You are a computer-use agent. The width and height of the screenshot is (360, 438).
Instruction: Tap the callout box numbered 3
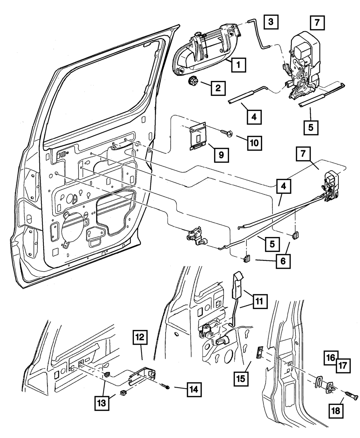pos(270,22)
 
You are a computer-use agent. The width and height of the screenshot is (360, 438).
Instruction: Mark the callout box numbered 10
pos(255,143)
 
